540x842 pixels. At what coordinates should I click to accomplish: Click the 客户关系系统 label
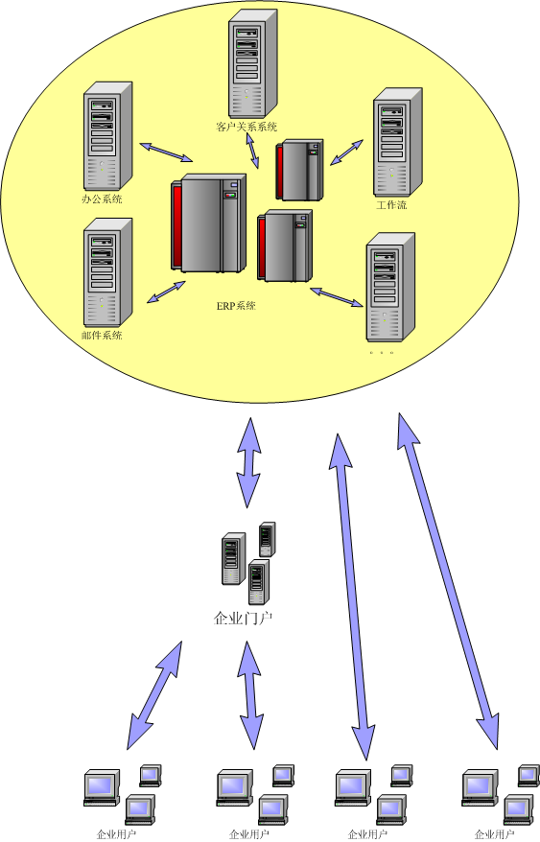tap(247, 127)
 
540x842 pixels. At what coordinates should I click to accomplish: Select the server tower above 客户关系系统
tap(252, 63)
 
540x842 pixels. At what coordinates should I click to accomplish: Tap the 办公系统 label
tap(102, 199)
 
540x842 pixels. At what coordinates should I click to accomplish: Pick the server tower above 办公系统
tap(107, 136)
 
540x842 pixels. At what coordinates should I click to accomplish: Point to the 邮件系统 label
tap(102, 335)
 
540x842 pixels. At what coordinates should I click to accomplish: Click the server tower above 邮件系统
tap(107, 272)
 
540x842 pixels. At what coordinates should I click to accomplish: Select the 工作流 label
tap(391, 205)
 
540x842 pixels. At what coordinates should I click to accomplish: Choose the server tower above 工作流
tap(398, 142)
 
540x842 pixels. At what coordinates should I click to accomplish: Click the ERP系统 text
tap(236, 306)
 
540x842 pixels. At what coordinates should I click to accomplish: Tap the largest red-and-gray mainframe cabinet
tap(208, 222)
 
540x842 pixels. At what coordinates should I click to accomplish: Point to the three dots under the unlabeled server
tap(382, 353)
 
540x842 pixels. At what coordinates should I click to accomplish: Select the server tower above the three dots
tap(390, 288)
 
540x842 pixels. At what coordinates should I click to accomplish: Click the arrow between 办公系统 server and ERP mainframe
tap(166, 152)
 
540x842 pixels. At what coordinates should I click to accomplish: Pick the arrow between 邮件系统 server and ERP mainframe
tap(166, 292)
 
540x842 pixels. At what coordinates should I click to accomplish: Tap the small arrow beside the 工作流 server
tap(346, 152)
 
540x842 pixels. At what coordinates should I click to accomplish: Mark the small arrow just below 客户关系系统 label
tap(252, 151)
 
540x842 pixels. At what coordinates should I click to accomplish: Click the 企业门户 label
tap(243, 619)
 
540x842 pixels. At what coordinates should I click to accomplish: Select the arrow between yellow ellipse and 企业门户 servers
tap(248, 462)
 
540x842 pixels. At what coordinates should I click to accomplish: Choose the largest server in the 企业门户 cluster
tap(234, 558)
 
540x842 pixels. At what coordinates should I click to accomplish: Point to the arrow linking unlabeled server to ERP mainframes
tap(337, 297)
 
